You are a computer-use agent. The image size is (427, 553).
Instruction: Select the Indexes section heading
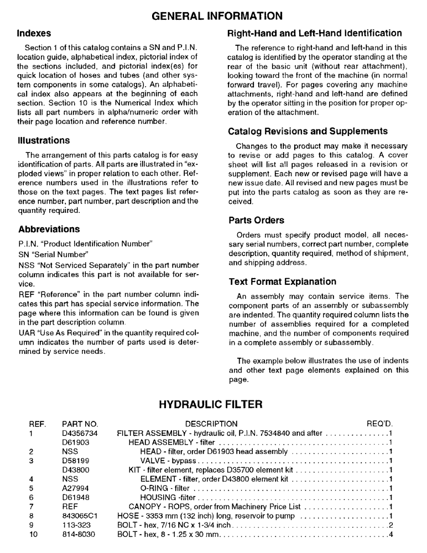(x=34, y=33)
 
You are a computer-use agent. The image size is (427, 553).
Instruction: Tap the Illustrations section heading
(x=44, y=140)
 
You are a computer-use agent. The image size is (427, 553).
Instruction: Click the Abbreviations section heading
(x=49, y=229)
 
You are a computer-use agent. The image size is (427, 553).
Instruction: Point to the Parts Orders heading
(x=257, y=220)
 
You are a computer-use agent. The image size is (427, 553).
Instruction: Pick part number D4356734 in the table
(x=81, y=433)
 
